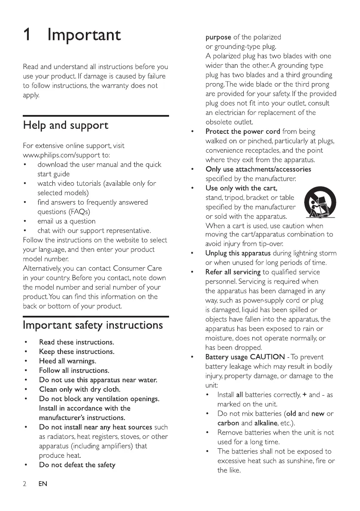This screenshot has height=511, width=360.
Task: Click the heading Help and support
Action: click(65, 126)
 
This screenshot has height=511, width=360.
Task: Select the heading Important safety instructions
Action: click(93, 325)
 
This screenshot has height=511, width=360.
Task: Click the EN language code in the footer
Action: click(42, 484)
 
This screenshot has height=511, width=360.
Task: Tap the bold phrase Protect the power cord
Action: click(242, 132)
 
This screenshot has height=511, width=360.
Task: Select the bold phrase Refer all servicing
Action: click(233, 272)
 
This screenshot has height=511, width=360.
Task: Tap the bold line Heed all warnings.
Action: click(67, 361)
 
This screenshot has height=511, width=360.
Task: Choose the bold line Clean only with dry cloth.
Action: click(80, 390)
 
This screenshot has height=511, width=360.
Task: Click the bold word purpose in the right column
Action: click(218, 37)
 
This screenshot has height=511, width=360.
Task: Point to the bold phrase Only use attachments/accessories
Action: click(258, 169)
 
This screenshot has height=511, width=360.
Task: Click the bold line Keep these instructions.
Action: click(76, 351)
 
